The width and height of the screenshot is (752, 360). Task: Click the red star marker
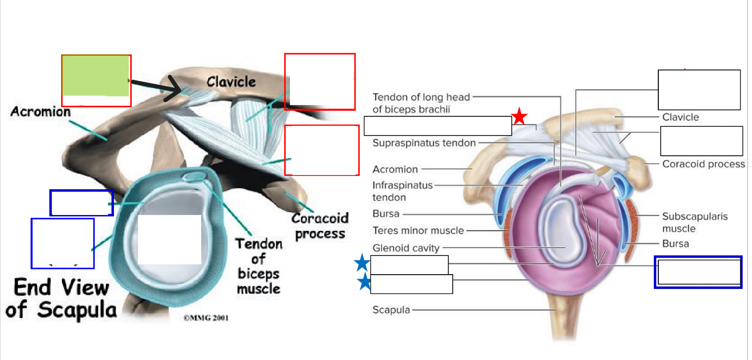tap(519, 116)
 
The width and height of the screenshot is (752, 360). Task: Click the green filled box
tap(95, 76)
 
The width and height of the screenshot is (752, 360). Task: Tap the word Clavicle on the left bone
tap(231, 81)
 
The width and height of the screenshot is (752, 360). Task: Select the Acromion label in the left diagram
tap(40, 111)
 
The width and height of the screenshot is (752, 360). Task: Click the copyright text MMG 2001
tap(206, 318)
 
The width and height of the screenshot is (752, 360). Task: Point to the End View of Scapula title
tap(62, 298)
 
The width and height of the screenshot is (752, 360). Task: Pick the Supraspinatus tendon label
tap(424, 143)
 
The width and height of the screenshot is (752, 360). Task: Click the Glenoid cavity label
tap(406, 248)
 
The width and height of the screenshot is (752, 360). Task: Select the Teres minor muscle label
tap(418, 231)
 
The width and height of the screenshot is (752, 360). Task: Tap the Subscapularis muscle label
tap(695, 222)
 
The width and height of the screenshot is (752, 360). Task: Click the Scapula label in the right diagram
tap(391, 310)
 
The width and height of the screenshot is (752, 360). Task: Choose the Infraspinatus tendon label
tap(402, 191)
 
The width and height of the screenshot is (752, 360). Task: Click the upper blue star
tap(362, 263)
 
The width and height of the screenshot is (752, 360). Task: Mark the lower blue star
tap(364, 282)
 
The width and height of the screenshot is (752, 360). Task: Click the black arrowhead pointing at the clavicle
tap(175, 89)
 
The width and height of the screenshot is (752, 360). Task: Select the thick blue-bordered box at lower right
tap(698, 272)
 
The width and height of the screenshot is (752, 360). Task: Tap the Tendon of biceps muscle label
tap(258, 266)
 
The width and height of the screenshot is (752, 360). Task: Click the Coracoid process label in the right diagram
tap(703, 164)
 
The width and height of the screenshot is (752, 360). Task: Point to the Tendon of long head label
tap(421, 97)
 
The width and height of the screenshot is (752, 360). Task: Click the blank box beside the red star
tap(438, 126)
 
